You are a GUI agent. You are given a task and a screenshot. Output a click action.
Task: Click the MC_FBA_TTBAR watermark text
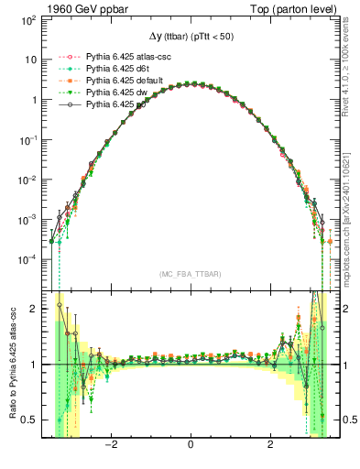coord(189,274)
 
